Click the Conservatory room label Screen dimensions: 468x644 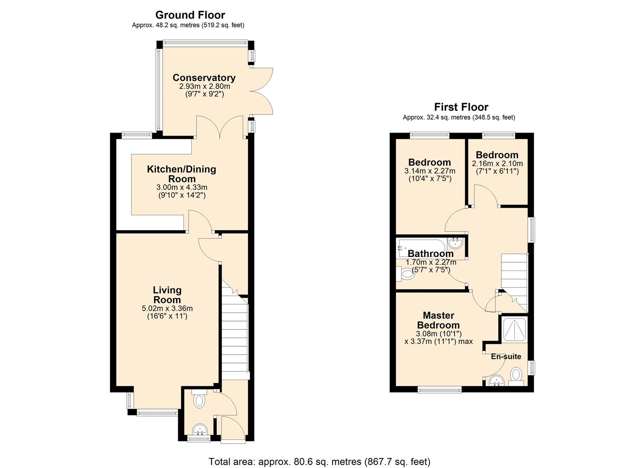(204, 78)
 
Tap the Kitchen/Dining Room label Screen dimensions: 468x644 (181, 174)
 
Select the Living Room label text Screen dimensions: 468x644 (167, 295)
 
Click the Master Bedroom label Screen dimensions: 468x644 (438, 320)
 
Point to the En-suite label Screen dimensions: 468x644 (506, 357)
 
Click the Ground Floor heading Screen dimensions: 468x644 (190, 15)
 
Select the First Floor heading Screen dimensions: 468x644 (461, 107)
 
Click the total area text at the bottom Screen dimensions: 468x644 (319, 461)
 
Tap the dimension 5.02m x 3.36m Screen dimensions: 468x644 (167, 309)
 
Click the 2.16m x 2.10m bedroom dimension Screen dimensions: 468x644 (497, 164)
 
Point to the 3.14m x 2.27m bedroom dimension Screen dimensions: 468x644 (429, 171)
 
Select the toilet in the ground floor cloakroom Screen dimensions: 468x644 (199, 400)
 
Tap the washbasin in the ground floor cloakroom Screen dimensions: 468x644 (200, 429)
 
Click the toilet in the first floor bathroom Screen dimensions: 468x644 (406, 273)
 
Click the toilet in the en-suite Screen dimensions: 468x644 (516, 375)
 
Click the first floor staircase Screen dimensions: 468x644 (514, 277)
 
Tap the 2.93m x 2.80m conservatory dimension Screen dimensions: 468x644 (204, 86)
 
